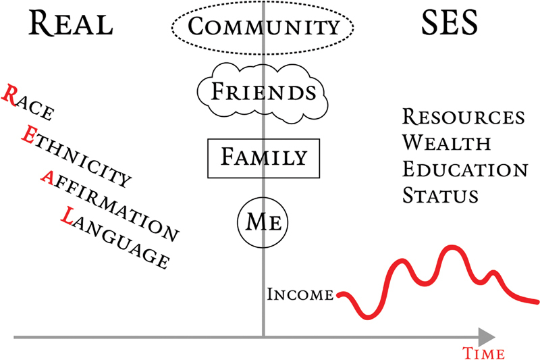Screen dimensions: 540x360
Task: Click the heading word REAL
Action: click(70, 25)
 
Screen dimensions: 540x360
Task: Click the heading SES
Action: click(450, 25)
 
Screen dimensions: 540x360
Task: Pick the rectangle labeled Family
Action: click(263, 158)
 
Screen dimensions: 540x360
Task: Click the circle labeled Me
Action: click(263, 220)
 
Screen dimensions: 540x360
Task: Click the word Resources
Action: click(463, 116)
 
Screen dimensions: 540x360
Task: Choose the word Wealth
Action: click(446, 143)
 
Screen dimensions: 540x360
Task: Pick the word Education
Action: click(464, 169)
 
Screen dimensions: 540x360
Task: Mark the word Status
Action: click(440, 195)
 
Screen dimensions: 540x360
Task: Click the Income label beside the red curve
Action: click(300, 294)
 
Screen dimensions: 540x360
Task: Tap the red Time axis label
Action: click(484, 352)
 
